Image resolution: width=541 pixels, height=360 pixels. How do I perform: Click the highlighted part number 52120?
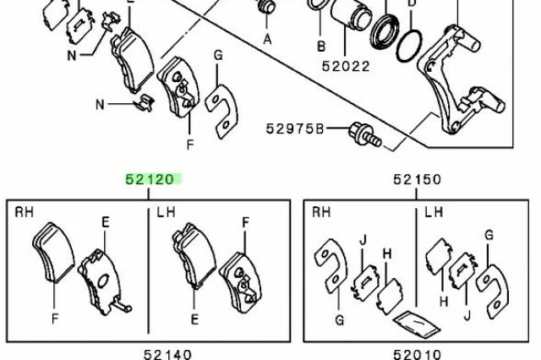150,179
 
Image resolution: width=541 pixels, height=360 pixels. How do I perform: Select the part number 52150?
417,179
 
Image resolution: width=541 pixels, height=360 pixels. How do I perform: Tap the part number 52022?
346,66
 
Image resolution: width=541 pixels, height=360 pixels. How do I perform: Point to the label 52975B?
295,128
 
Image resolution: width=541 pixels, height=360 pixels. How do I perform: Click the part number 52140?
167,354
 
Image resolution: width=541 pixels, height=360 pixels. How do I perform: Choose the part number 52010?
417,354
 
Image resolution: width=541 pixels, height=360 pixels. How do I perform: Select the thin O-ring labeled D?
409,46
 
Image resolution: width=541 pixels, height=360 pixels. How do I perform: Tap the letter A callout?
267,40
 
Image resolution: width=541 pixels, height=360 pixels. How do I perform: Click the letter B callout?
321,46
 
